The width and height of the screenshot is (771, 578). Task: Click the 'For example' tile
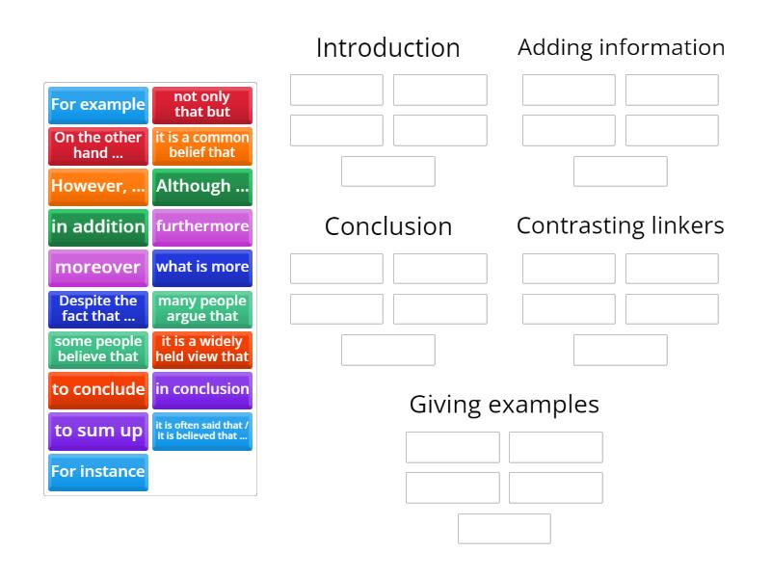(x=98, y=105)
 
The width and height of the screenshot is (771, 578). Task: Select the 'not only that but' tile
(x=202, y=105)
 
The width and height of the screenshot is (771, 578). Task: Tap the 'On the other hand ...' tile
(x=98, y=146)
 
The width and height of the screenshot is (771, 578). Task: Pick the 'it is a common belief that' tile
(x=202, y=146)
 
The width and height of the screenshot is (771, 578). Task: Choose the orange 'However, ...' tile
(x=98, y=187)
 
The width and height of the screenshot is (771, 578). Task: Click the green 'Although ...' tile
(x=202, y=187)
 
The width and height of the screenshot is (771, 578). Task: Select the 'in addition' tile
(x=98, y=227)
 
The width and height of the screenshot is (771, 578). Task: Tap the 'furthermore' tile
(x=202, y=227)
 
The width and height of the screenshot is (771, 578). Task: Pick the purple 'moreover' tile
(x=98, y=269)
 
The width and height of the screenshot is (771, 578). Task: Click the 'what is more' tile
(x=202, y=269)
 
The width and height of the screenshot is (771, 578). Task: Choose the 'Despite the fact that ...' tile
(x=98, y=309)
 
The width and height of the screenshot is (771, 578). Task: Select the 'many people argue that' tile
(x=202, y=309)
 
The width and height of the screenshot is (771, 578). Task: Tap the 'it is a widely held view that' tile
(x=202, y=350)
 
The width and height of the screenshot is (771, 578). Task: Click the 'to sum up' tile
(x=98, y=432)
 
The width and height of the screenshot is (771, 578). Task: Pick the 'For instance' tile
(x=98, y=472)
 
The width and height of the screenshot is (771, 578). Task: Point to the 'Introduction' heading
(x=388, y=47)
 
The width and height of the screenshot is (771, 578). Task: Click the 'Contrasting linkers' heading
(x=620, y=225)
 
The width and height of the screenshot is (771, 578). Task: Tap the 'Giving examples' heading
(x=504, y=405)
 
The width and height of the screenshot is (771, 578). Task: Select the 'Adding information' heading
(x=621, y=47)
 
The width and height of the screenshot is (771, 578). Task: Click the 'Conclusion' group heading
(x=388, y=226)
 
